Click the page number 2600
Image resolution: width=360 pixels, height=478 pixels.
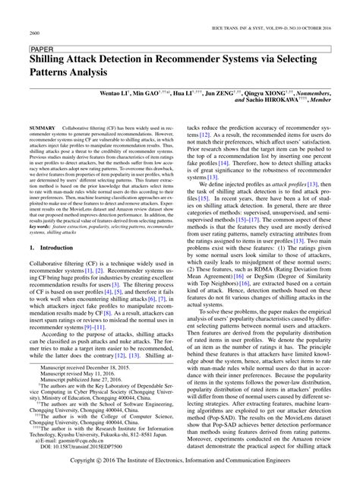click(x=34, y=34)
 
